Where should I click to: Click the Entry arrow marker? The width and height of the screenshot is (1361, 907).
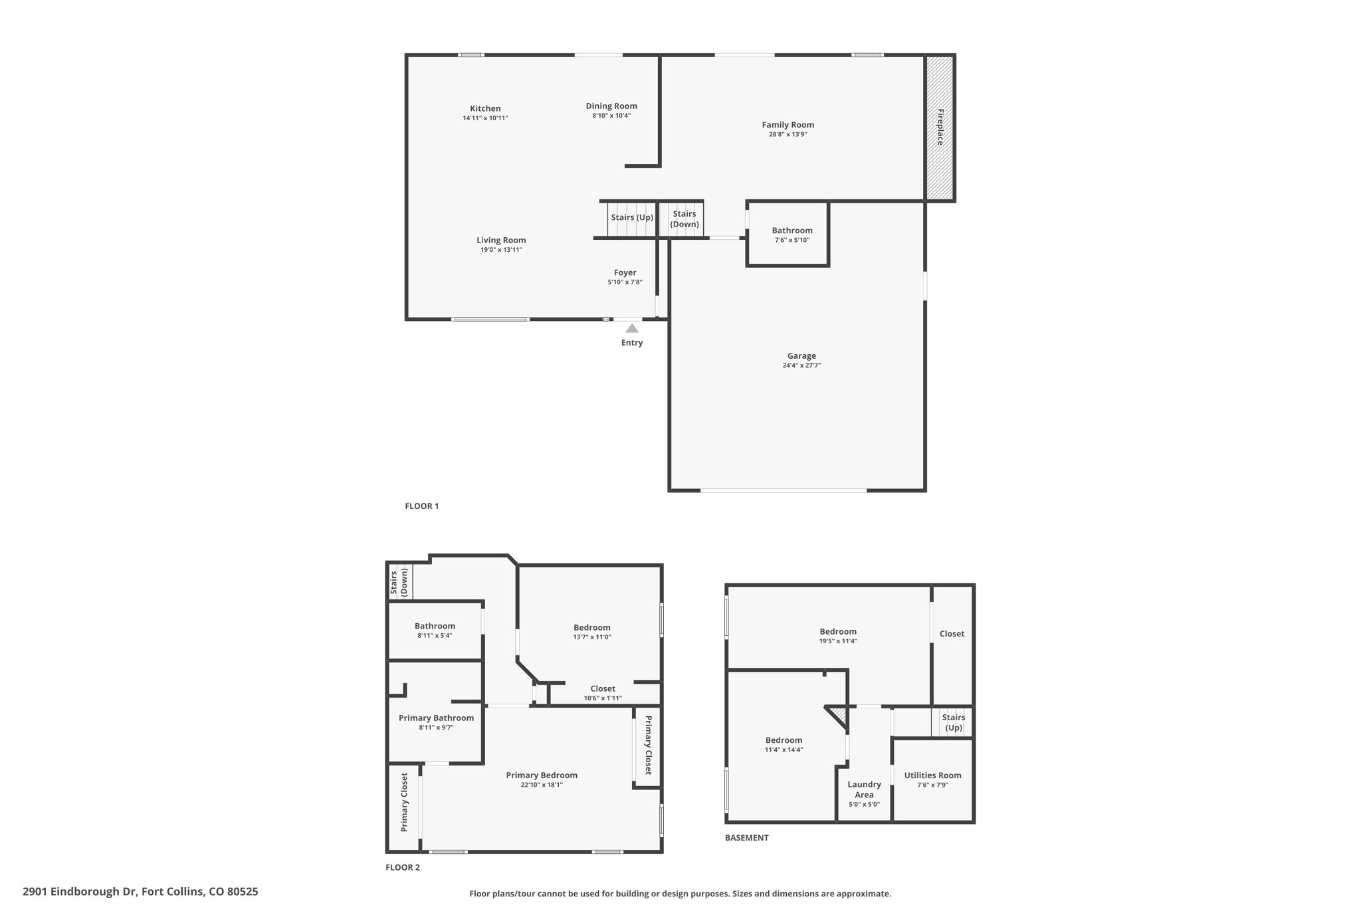(632, 328)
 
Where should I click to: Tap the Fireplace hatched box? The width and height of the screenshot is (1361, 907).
(940, 128)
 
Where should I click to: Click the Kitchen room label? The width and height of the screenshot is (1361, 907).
(485, 108)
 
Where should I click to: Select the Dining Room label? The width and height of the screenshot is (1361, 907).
(611, 106)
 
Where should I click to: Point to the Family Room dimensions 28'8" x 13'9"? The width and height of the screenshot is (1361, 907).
(788, 134)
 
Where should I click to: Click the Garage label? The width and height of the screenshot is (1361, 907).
(801, 355)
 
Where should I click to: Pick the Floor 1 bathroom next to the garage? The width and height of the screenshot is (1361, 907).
(789, 234)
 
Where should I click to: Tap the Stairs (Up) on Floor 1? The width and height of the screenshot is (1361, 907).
(632, 219)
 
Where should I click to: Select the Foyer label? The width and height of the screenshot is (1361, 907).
(625, 272)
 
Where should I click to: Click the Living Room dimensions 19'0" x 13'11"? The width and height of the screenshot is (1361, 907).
(501, 250)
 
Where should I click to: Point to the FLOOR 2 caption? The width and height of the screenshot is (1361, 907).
(403, 867)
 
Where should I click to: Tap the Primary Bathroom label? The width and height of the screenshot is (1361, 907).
(436, 718)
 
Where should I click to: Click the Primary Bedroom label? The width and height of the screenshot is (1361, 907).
(542, 775)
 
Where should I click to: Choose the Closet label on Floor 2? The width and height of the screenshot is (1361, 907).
(603, 688)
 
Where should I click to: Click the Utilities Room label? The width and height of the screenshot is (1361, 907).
(932, 775)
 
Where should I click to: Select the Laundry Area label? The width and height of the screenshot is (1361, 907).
(864, 789)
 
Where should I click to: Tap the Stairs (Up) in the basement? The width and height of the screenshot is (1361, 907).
(952, 722)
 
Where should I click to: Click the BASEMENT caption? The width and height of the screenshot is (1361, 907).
(746, 838)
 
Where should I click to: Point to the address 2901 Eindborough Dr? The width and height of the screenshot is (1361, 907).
(80, 892)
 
